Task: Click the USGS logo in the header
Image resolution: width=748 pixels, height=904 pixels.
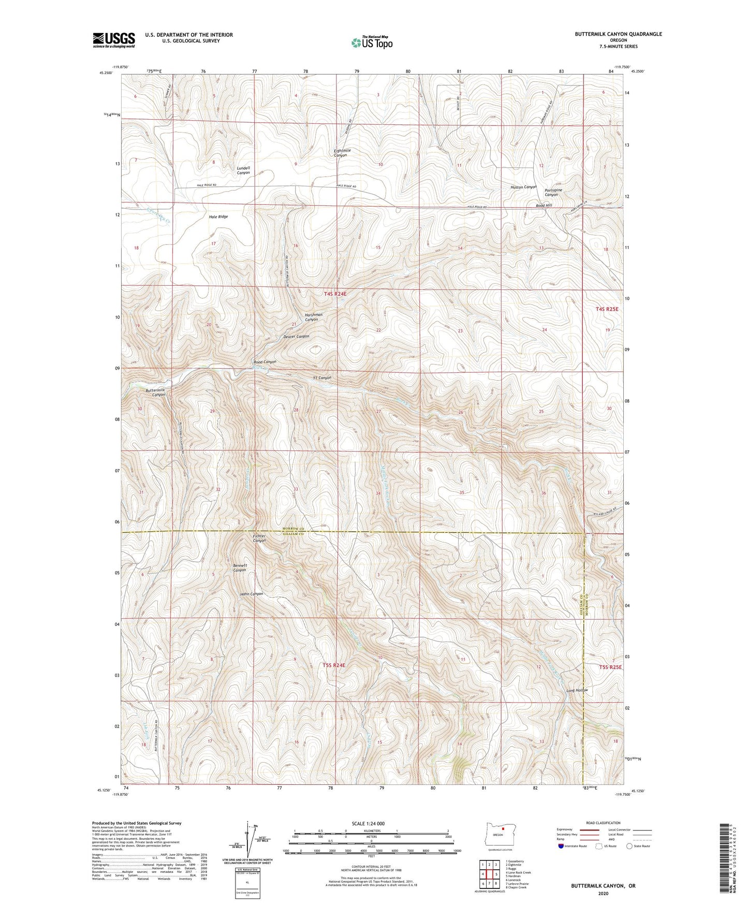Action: pyautogui.click(x=114, y=40)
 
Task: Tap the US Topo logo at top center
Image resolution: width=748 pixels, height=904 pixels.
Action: pyautogui.click(x=371, y=42)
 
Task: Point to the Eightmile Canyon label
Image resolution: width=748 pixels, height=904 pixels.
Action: pyautogui.click(x=342, y=153)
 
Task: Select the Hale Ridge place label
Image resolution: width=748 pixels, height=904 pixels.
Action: pyautogui.click(x=218, y=217)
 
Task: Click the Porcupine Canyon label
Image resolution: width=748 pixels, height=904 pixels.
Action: pyautogui.click(x=553, y=193)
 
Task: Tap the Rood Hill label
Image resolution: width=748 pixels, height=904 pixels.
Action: pyautogui.click(x=544, y=206)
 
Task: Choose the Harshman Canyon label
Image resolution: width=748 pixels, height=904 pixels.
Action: pyautogui.click(x=313, y=317)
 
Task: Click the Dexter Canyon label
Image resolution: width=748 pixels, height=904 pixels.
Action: pyautogui.click(x=296, y=337)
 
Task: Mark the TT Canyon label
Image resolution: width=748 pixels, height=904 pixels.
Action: pyautogui.click(x=322, y=378)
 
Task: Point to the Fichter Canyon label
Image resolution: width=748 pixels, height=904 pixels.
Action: pyautogui.click(x=259, y=538)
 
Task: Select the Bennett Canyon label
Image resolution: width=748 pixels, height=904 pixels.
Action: pyautogui.click(x=239, y=567)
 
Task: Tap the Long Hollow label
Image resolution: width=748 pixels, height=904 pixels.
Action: pyautogui.click(x=577, y=691)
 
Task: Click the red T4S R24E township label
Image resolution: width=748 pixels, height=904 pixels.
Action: pyautogui.click(x=335, y=294)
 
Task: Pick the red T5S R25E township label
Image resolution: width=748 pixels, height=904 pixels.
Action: pyautogui.click(x=610, y=667)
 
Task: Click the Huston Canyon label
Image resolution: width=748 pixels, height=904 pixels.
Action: pyautogui.click(x=523, y=187)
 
